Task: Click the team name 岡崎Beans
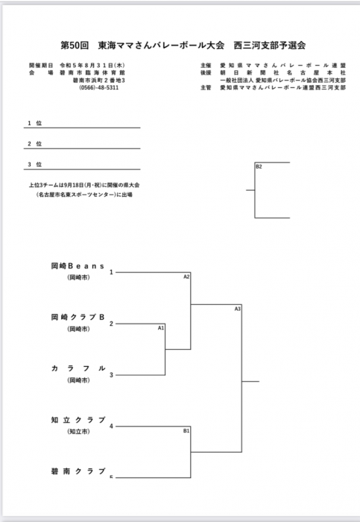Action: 78,266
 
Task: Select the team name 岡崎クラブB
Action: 78,317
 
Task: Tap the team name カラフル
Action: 78,368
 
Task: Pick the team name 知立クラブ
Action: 78,420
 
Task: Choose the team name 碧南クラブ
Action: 78,471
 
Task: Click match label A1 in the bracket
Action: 161,328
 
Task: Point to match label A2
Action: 186,277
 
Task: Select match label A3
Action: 237,309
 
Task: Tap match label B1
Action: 186,431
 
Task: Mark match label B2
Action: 259,166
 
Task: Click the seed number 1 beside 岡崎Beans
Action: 112,272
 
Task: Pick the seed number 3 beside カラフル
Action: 112,375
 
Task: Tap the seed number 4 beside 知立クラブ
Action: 112,427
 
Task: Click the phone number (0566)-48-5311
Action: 99,87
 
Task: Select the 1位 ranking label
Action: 34,123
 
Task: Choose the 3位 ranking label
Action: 34,165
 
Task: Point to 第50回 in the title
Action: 75,45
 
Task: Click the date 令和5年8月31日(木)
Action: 92,66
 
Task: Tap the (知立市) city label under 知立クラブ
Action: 78,432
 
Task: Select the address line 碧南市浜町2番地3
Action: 99,81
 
